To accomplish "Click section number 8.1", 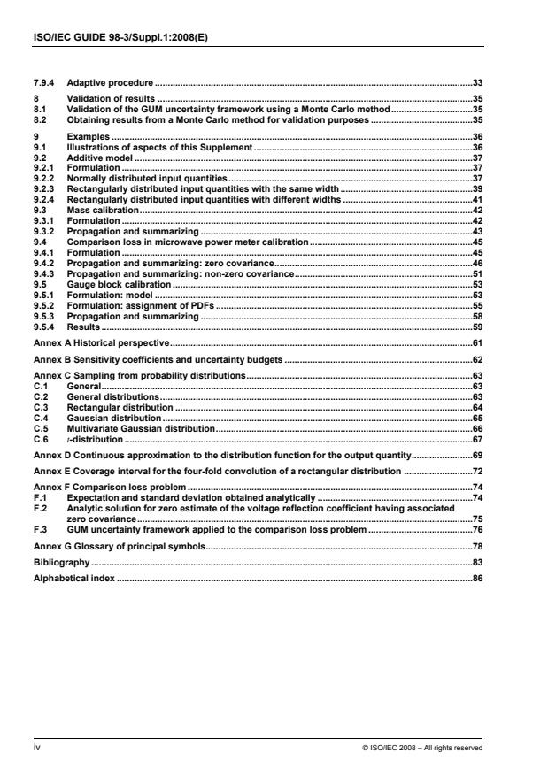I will click(38, 105).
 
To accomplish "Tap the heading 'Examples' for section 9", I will click(88, 138).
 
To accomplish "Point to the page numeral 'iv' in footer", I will click(36, 746).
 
